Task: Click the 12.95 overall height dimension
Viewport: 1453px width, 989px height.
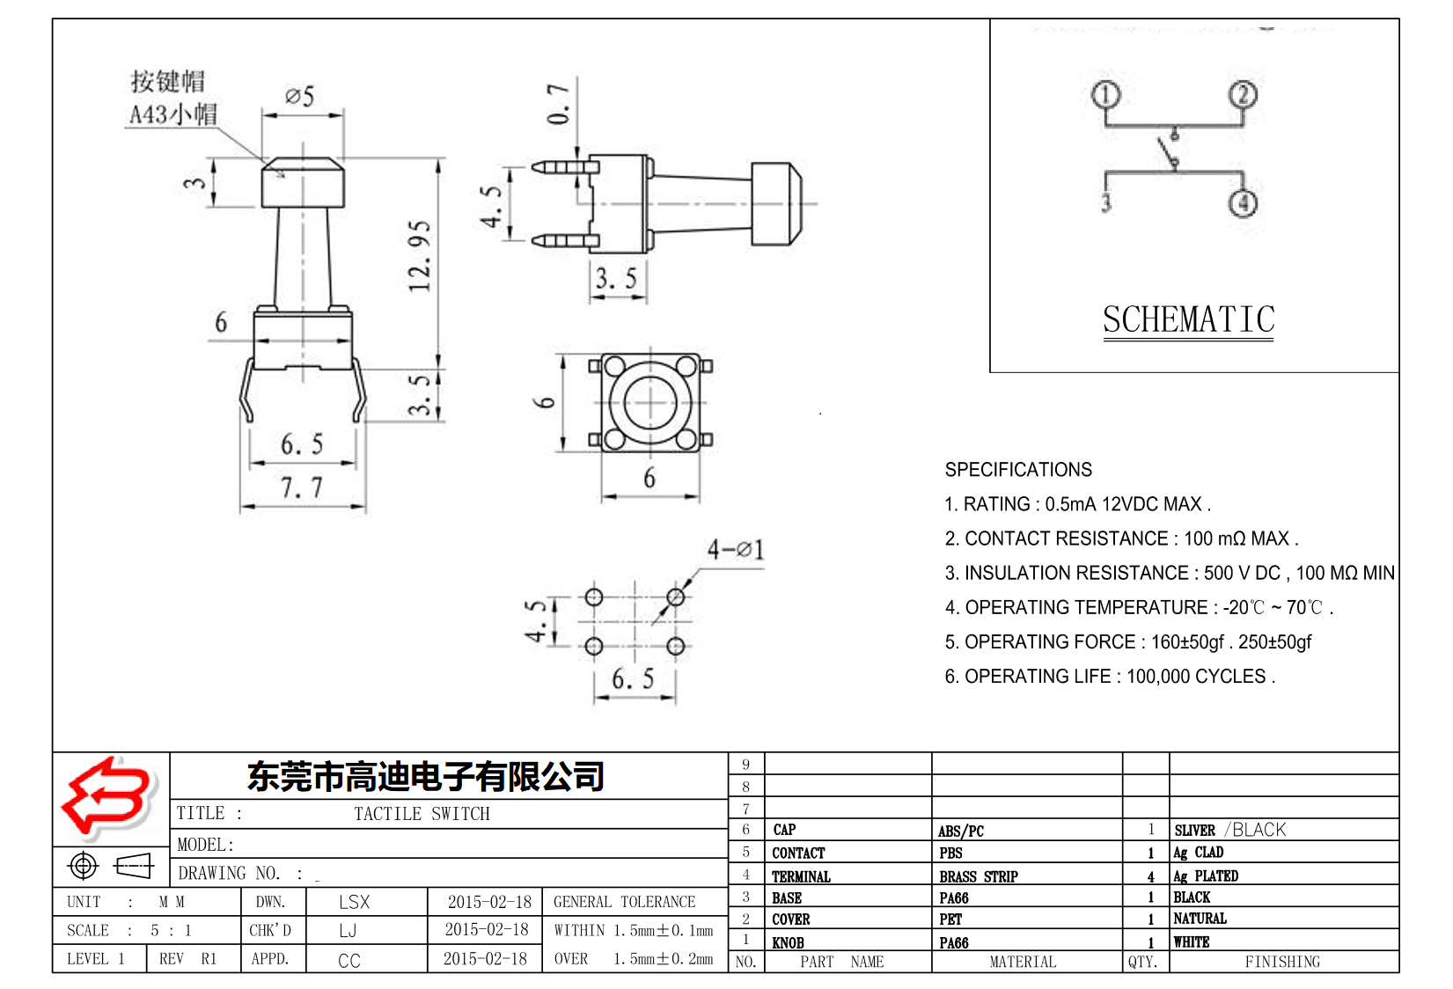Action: (421, 256)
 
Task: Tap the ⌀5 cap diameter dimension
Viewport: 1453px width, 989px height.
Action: (300, 96)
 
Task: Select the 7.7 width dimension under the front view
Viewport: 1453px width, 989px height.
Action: (302, 487)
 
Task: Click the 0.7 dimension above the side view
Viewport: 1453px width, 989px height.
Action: (559, 104)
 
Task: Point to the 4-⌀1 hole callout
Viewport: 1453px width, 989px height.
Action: (736, 550)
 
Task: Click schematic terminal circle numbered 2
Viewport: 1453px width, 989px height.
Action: (1243, 95)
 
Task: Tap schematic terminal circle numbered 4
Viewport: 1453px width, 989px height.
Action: (1243, 203)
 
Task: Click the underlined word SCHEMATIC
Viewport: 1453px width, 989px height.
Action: (1188, 319)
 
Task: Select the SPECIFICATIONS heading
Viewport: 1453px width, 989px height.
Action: (1018, 470)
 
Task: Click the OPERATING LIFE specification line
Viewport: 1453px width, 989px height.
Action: (1109, 677)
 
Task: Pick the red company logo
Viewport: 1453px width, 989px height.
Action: (107, 797)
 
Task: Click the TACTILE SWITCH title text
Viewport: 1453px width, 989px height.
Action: (422, 814)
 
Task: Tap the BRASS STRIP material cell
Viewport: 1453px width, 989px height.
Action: (978, 876)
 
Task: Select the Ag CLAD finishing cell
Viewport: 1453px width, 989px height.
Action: (1199, 853)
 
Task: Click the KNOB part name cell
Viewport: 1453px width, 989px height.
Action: (788, 942)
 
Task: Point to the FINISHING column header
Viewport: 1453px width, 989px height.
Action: (1282, 962)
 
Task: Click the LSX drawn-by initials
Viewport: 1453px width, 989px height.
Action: (354, 902)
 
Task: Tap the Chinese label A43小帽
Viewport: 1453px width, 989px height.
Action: (173, 114)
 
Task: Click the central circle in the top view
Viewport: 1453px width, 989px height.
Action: (650, 403)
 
